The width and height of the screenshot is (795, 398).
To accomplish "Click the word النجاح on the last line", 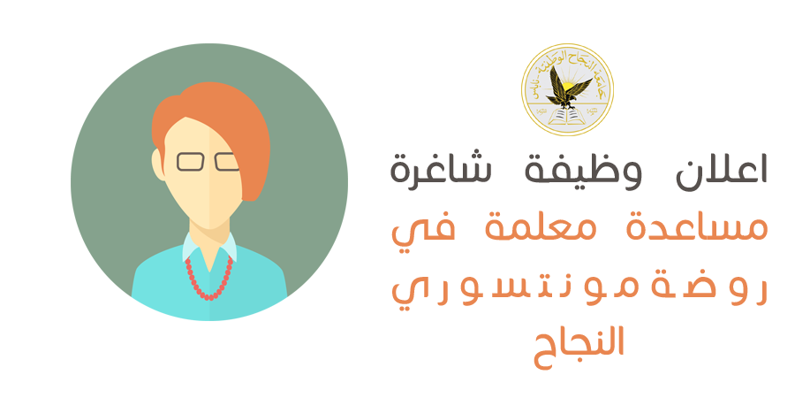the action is click(x=579, y=346).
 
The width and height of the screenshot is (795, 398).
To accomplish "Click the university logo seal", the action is click(x=567, y=89).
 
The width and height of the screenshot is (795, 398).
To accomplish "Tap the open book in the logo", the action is click(x=567, y=115).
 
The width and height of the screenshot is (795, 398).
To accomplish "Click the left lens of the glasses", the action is click(x=190, y=162).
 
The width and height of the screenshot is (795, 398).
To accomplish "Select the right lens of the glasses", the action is click(x=227, y=162).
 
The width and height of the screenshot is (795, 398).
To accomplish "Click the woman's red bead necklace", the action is click(x=208, y=279).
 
